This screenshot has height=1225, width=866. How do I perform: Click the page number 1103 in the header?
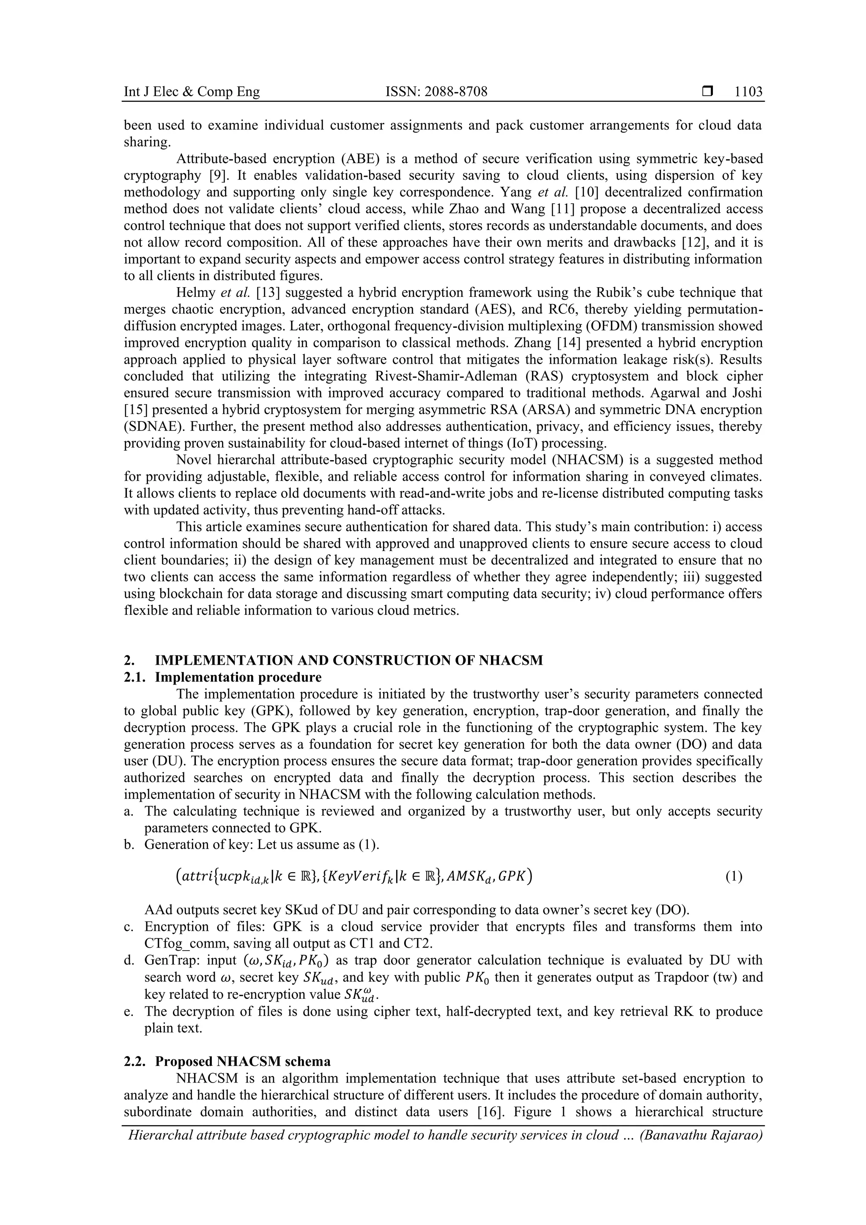pyautogui.click(x=748, y=92)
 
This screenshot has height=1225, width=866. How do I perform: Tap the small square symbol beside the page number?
pyautogui.click(x=707, y=92)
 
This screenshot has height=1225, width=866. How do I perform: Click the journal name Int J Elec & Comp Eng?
pyautogui.click(x=192, y=92)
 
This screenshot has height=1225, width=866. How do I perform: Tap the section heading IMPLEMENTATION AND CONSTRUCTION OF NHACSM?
pyautogui.click(x=348, y=660)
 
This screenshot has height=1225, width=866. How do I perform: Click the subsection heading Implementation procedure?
pyautogui.click(x=238, y=677)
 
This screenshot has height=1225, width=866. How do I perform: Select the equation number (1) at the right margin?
pyautogui.click(x=733, y=877)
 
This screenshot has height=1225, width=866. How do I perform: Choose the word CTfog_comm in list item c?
pyautogui.click(x=178, y=943)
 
